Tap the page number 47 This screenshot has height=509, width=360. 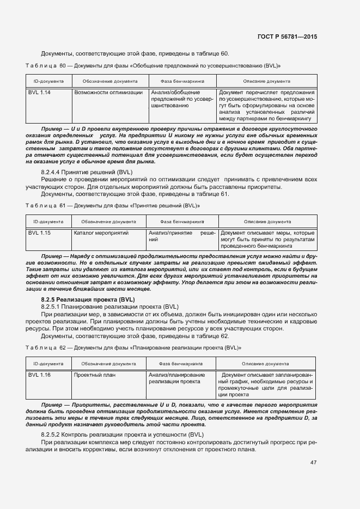313,463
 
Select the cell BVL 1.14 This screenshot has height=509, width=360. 39,93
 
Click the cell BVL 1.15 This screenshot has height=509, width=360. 39,233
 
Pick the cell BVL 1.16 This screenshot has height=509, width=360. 39,375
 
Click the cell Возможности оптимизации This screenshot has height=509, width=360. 108,93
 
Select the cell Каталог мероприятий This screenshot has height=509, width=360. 101,233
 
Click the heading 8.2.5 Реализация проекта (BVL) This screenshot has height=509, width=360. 88,300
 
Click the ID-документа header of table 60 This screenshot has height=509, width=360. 48,81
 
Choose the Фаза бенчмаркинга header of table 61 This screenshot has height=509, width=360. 182,222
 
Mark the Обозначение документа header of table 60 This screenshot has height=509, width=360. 110,81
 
